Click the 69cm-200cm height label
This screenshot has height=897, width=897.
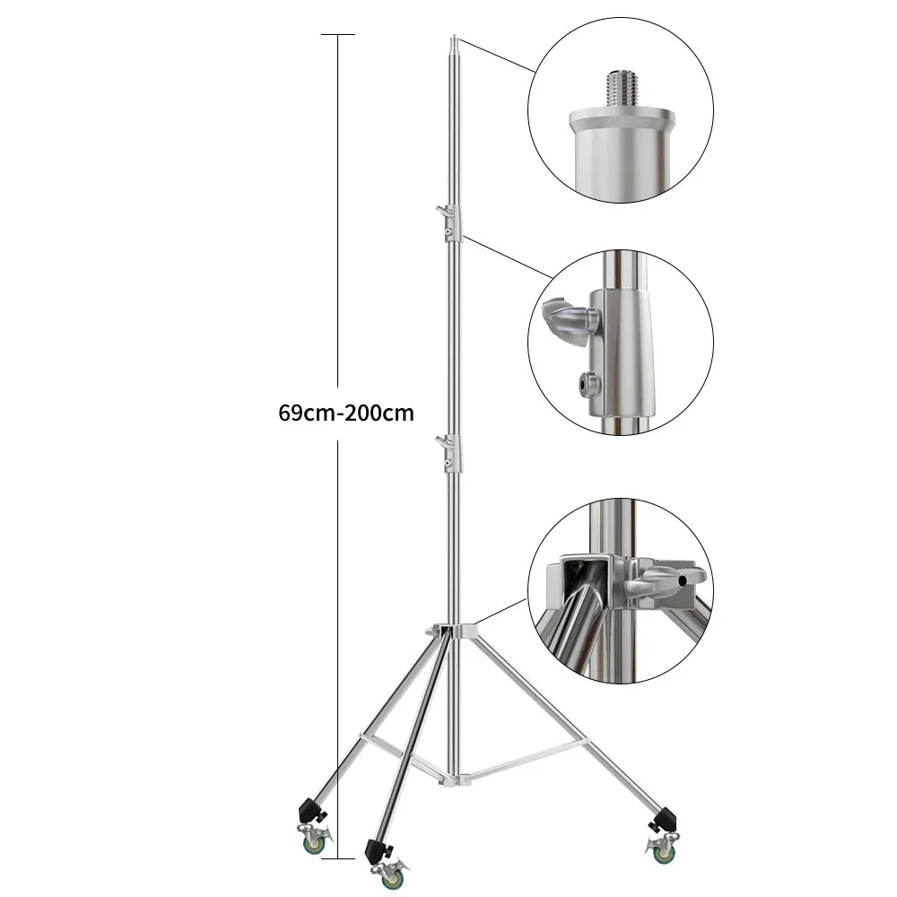346,414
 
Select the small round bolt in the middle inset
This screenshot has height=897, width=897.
589,384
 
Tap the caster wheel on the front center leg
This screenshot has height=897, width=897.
391,876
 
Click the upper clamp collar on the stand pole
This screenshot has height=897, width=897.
451,222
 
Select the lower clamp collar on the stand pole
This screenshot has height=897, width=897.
451,453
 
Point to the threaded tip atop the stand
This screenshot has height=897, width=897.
454,42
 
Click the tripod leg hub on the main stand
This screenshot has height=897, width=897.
453,632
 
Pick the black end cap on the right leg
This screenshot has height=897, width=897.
663,818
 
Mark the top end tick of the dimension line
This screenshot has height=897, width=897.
337,34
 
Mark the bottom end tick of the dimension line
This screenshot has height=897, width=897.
337,858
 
